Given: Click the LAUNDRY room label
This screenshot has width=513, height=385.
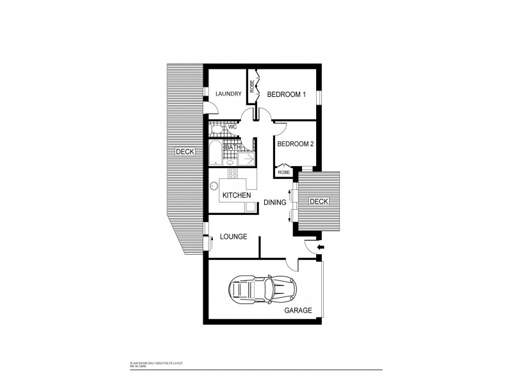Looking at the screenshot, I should [228, 94].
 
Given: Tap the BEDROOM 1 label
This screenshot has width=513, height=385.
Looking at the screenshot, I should [287, 94].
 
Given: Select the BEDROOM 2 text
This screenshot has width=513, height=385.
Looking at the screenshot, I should [295, 144].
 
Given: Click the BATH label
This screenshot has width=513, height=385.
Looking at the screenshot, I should [233, 148].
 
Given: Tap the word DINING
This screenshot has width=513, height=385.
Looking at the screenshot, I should [275, 202].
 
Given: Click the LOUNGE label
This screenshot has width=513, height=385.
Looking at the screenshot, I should [233, 237].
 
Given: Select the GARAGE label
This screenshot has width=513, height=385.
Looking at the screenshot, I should [298, 310].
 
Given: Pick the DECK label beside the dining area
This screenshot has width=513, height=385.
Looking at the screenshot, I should [319, 201].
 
